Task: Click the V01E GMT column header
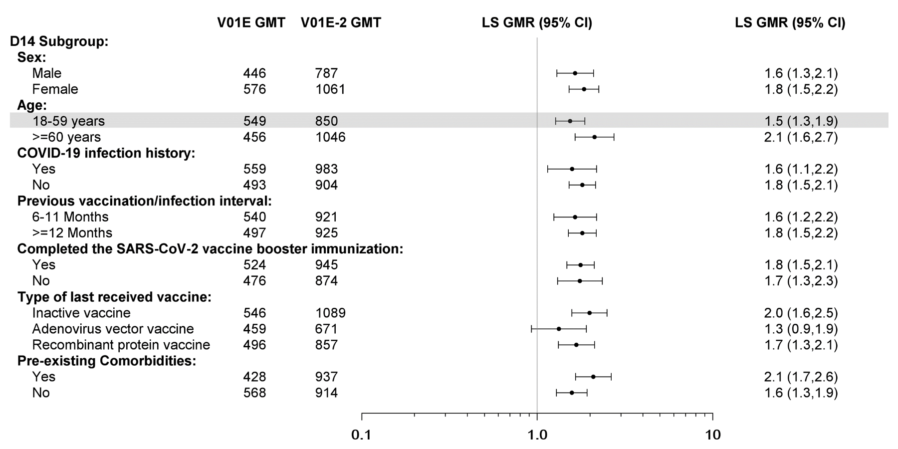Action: [251, 22]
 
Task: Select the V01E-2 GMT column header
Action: [341, 22]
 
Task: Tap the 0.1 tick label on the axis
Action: [361, 435]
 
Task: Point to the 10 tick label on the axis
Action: [713, 435]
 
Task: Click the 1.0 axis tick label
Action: [537, 435]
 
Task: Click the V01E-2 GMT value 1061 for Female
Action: [330, 89]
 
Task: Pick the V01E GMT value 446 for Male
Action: [254, 73]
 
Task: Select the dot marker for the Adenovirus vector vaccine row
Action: [559, 329]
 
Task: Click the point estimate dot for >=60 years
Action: [594, 137]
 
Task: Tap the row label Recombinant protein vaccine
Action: [121, 345]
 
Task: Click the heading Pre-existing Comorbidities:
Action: [106, 361]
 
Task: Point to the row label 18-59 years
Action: [68, 121]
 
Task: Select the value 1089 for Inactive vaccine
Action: [330, 313]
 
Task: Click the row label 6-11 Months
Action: [70, 217]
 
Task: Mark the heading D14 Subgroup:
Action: [59, 41]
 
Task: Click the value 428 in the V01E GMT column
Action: [254, 377]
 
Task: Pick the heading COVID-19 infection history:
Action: [106, 153]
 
